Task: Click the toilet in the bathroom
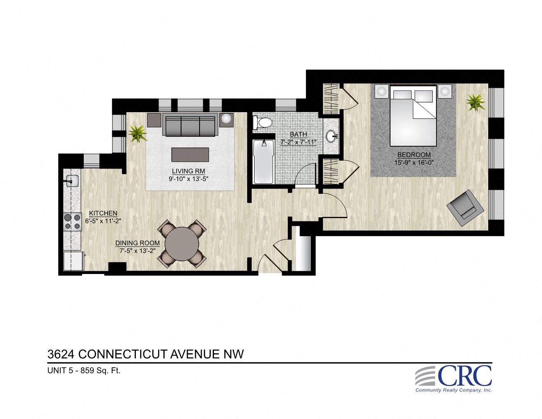(263, 122)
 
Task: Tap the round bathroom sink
(331, 135)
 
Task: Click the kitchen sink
(72, 180)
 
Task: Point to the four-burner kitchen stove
(72, 221)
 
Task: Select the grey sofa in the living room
(191, 125)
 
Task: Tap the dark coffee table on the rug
(190, 155)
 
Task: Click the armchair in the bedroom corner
(464, 208)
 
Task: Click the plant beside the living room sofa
(138, 133)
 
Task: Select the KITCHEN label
(103, 213)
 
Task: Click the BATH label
(298, 134)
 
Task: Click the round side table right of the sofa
(227, 120)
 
